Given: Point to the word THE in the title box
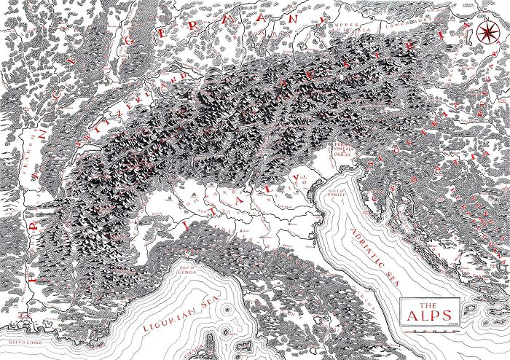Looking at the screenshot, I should tap(429, 305).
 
